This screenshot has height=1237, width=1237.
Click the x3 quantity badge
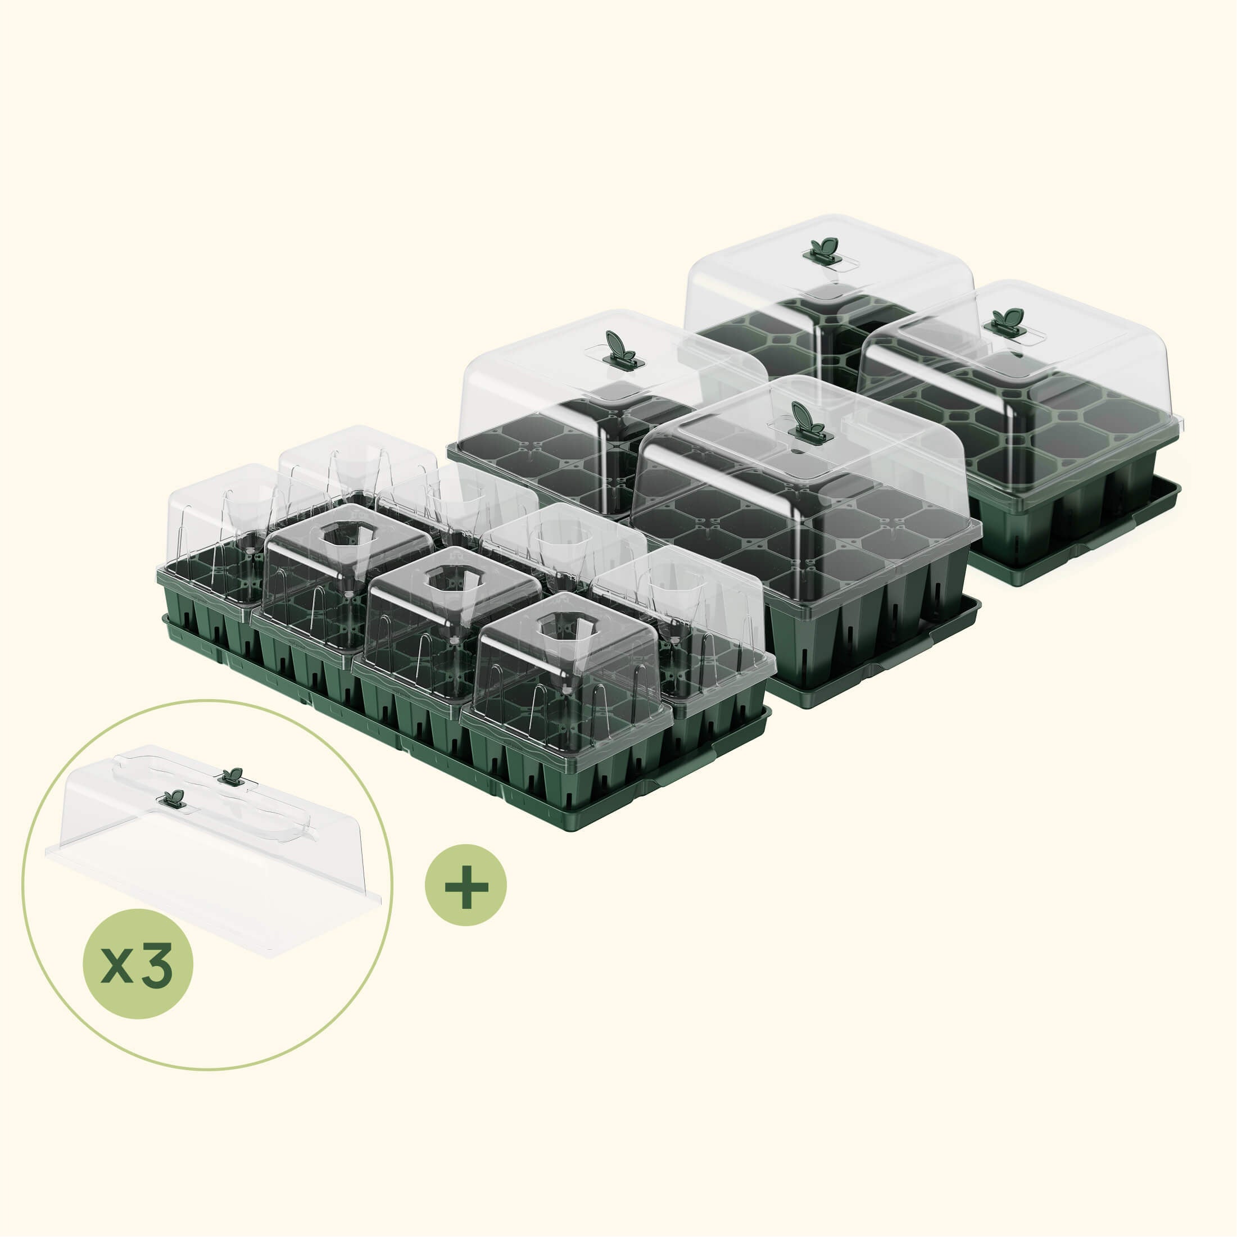[x=138, y=964]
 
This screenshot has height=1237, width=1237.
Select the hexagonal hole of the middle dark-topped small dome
[x=451, y=578]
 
